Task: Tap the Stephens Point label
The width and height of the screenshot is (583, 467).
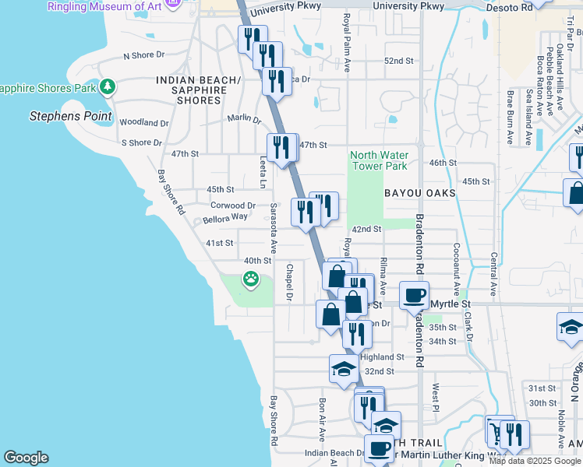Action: click(71, 117)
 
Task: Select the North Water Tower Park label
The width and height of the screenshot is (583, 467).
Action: click(379, 160)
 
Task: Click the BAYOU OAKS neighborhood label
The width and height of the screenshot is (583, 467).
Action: click(419, 192)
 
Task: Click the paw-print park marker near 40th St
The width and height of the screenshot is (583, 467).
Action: click(251, 279)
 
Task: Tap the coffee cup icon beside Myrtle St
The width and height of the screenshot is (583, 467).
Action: click(415, 295)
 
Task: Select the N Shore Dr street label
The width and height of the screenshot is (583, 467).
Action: click(144, 55)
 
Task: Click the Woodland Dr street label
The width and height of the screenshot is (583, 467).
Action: click(144, 123)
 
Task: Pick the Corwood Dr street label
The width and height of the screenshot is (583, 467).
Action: click(233, 205)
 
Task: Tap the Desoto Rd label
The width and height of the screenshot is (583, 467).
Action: click(538, 6)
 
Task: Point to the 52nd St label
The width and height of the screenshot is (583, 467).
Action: click(397, 61)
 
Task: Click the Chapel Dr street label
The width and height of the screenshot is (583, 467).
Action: click(288, 283)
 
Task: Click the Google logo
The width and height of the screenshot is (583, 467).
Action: click(26, 458)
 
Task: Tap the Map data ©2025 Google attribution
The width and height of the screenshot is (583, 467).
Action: click(533, 460)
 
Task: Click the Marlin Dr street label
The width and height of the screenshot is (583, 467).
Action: click(244, 119)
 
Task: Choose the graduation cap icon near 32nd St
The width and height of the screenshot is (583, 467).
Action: click(344, 369)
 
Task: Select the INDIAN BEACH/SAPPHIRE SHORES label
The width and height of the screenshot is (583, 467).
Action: click(199, 90)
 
